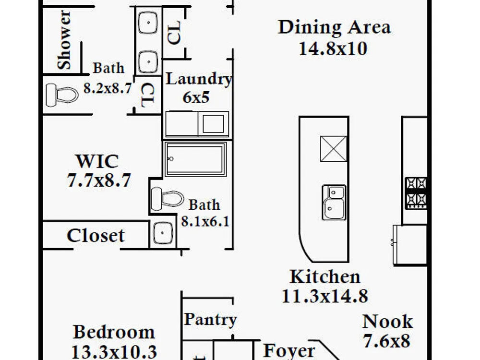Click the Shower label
64,40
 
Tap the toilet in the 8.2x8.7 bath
62,95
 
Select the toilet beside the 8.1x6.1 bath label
168,199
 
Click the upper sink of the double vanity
148,23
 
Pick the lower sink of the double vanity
148,62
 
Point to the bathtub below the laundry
196,159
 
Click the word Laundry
199,79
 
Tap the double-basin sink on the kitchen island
334,203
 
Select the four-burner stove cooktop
416,193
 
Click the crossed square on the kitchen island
334,149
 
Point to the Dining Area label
334,27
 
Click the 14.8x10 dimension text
333,48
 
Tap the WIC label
97,161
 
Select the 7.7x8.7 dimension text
99,180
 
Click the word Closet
96,236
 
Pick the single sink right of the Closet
163,233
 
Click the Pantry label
210,320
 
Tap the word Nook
387,322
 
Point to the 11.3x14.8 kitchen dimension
325,296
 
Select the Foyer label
289,351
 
